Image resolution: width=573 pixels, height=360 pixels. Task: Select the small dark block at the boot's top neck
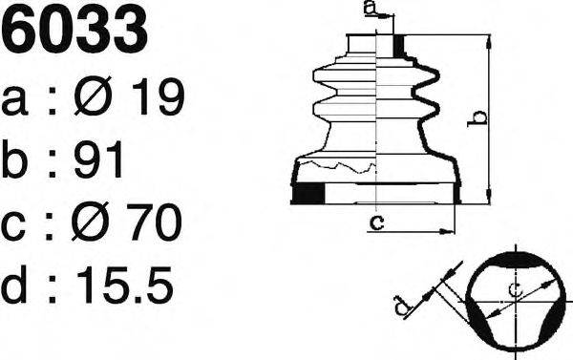399,45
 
